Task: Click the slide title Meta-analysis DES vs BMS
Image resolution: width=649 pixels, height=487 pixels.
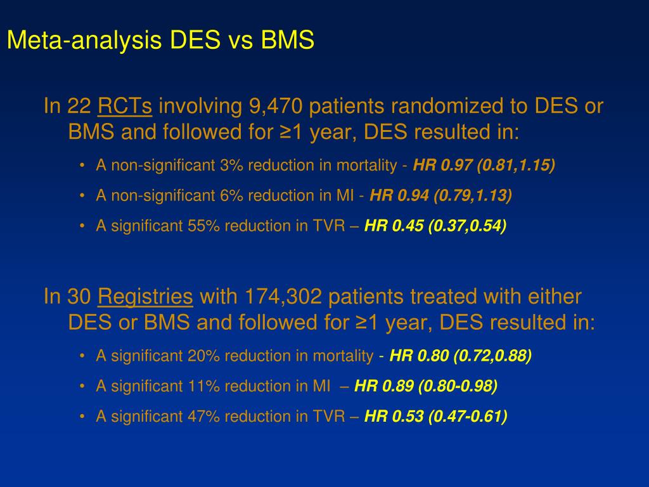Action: click(160, 41)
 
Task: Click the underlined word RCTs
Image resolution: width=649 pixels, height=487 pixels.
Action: click(125, 107)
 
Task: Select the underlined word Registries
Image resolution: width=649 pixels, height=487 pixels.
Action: click(146, 296)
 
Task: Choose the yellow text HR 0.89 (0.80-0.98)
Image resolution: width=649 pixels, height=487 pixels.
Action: click(426, 386)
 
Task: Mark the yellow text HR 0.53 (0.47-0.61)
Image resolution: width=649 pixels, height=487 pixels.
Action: click(437, 416)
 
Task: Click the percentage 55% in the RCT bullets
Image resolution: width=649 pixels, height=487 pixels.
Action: click(202, 226)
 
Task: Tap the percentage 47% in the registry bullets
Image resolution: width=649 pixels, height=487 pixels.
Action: click(202, 416)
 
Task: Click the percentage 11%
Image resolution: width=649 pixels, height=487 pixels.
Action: click(201, 386)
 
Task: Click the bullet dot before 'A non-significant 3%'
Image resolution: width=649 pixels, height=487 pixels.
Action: click(83, 166)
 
